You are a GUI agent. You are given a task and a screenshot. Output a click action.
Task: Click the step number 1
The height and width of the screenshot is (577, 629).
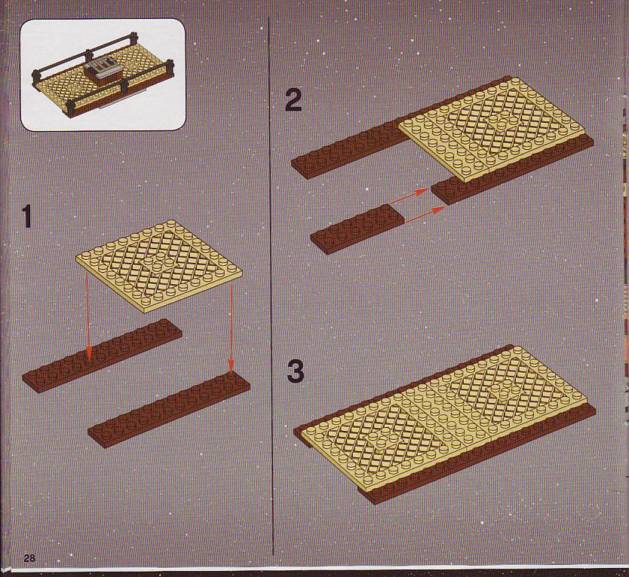tap(27, 216)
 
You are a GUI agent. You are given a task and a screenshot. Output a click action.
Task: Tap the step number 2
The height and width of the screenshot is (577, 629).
tap(293, 100)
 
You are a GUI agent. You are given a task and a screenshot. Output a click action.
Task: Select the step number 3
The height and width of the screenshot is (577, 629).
tap(296, 372)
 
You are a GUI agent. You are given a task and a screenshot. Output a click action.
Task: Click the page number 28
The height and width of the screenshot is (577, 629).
tap(29, 557)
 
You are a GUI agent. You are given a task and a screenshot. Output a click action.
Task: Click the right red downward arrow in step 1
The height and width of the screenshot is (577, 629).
tap(231, 328)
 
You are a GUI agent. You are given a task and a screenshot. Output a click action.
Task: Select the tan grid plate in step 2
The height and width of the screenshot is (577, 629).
tap(492, 129)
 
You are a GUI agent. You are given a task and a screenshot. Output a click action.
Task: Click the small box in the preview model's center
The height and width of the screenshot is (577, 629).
tap(103, 71)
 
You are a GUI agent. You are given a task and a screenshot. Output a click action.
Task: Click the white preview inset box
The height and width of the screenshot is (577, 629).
tap(103, 75)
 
